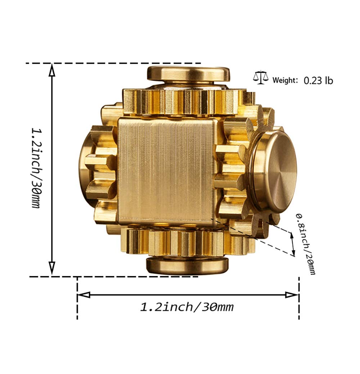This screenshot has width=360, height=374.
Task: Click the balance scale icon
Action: tap(261, 78)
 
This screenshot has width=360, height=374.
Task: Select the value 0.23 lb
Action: tap(318, 80)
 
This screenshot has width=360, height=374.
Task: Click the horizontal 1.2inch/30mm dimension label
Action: tap(187, 307)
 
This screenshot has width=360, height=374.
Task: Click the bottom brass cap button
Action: tap(187, 265)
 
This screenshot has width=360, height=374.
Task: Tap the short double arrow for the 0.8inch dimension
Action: tap(293, 244)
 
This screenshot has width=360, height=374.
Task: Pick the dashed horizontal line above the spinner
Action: tap(108, 63)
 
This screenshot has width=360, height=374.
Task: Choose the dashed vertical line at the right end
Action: tap(299, 299)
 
